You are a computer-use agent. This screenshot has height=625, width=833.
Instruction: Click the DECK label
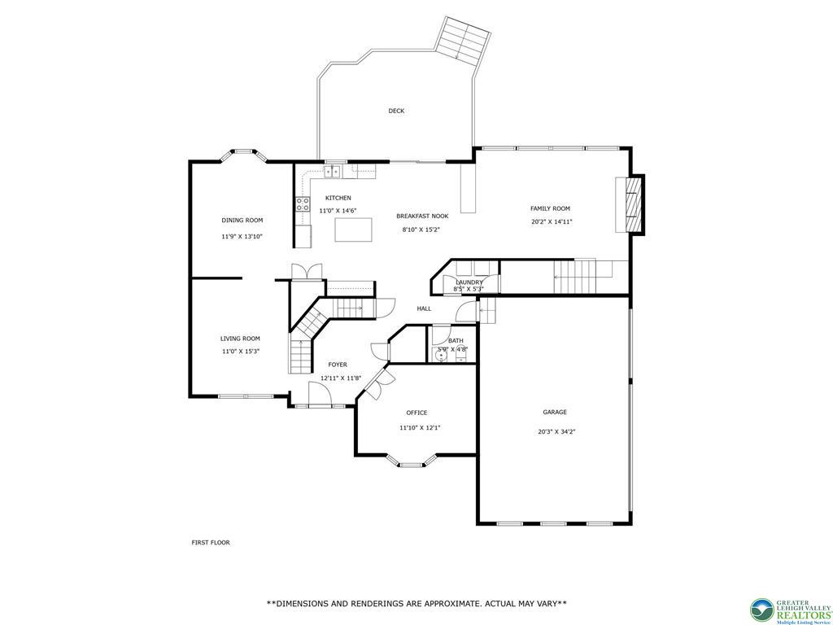point(396,111)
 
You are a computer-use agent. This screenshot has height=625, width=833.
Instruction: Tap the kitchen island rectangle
point(353,229)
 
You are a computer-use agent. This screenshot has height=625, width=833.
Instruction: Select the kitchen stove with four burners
point(302,204)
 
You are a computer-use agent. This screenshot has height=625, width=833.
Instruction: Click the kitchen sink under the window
point(333,172)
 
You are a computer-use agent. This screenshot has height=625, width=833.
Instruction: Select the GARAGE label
point(555,412)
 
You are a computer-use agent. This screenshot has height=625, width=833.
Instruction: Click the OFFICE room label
point(416,413)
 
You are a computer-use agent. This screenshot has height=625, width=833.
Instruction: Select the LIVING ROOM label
point(240,339)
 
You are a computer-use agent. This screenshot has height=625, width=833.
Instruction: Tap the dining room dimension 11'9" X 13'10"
point(242,237)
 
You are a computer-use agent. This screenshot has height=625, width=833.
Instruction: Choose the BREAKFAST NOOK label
point(422,216)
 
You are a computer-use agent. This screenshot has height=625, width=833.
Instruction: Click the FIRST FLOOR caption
point(210,542)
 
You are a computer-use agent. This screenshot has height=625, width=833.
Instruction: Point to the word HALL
point(424,308)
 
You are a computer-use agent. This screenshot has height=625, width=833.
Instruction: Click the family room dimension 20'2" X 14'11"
point(551,221)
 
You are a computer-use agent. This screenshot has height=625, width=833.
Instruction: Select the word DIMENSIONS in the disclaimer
point(307,604)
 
